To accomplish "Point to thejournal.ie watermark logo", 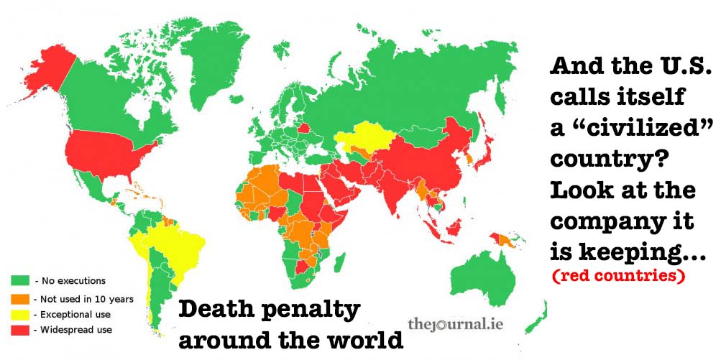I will (455, 324).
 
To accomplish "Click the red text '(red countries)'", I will (619, 274).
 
